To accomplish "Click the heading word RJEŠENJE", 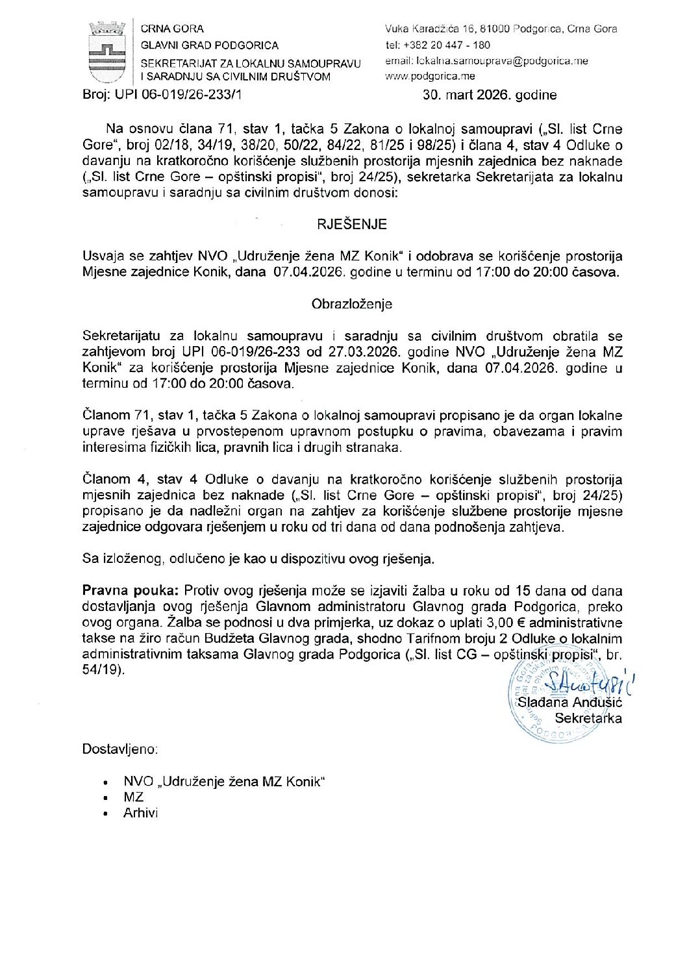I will pyautogui.click(x=352, y=225).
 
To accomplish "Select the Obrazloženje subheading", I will pyautogui.click(x=352, y=304).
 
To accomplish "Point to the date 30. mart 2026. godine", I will pyautogui.click(x=490, y=95).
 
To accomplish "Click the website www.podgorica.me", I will pyautogui.click(x=430, y=77).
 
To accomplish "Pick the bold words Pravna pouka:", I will pyautogui.click(x=131, y=591).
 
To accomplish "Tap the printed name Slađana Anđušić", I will pyautogui.click(x=569, y=703).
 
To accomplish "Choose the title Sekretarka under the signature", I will pyautogui.click(x=588, y=719).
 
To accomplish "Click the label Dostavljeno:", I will pyautogui.click(x=120, y=749).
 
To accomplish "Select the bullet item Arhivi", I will pyautogui.click(x=140, y=813).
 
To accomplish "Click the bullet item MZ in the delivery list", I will pyautogui.click(x=133, y=797).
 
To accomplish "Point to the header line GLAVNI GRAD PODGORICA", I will pyautogui.click(x=209, y=45).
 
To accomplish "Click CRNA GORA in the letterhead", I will pyautogui.click(x=172, y=29).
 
